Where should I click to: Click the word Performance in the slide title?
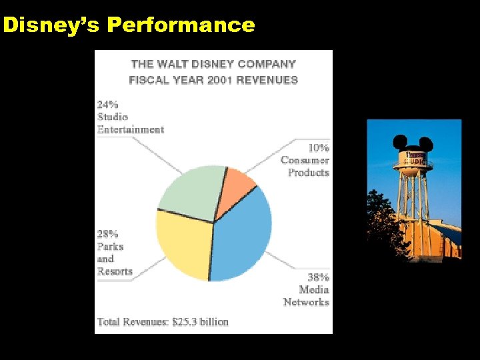(181, 25)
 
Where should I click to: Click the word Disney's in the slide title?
(52, 25)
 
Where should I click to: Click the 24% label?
(108, 104)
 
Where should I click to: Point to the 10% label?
(318, 147)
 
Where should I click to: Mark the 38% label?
(318, 277)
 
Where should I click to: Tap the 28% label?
(108, 234)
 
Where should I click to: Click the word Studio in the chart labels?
(113, 117)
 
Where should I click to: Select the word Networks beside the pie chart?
(306, 302)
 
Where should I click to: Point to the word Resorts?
(115, 271)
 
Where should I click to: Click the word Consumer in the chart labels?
(305, 160)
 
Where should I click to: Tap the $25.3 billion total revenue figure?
(200, 322)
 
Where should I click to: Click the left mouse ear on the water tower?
(400, 141)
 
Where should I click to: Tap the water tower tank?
(414, 160)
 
